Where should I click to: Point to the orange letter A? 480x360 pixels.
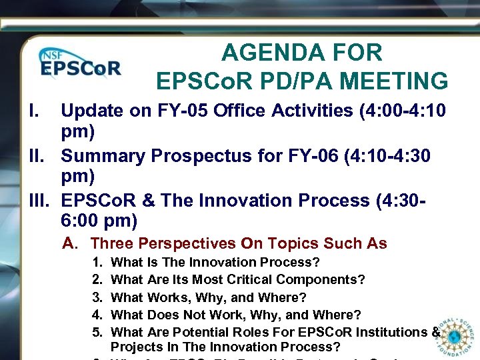tap(69, 244)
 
